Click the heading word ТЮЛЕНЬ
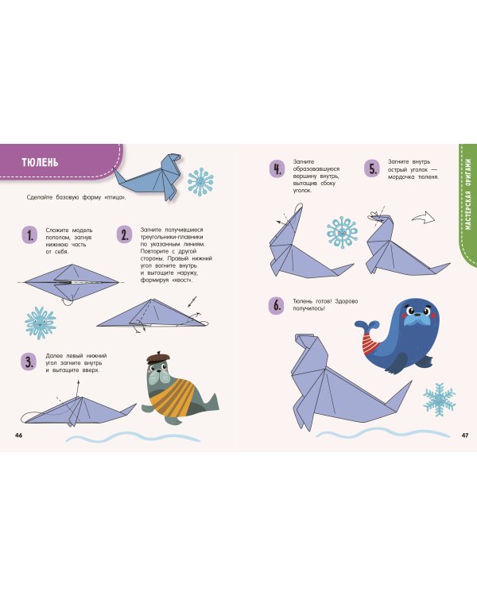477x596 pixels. pyautogui.click(x=40, y=162)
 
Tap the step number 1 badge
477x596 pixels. pyautogui.click(x=29, y=235)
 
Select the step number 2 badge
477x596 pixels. pyautogui.click(x=124, y=235)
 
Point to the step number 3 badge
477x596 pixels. pyautogui.click(x=29, y=362)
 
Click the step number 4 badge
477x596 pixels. pyautogui.click(x=277, y=169)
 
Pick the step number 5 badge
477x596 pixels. pyautogui.click(x=372, y=169)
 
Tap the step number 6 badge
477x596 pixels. pyautogui.click(x=277, y=305)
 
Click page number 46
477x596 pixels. pyautogui.click(x=18, y=435)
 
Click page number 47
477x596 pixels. pyautogui.click(x=465, y=435)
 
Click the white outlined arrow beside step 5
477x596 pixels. pyautogui.click(x=424, y=219)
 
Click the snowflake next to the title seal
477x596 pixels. pyautogui.click(x=200, y=182)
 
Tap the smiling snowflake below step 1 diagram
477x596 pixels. pyautogui.click(x=41, y=323)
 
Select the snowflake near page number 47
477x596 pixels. pyautogui.click(x=440, y=400)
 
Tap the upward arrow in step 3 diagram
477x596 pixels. pyautogui.click(x=78, y=388)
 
